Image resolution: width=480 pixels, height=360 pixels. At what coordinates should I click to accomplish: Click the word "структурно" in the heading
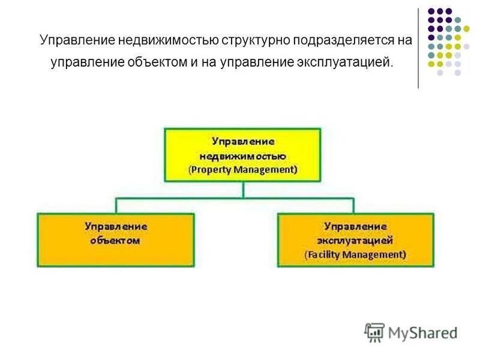pyautogui.click(x=254, y=41)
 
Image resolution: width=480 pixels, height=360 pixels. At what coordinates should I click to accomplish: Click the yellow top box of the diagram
pyautogui.click(x=242, y=155)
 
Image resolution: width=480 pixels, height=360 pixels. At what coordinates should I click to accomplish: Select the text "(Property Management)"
pyautogui.click(x=242, y=170)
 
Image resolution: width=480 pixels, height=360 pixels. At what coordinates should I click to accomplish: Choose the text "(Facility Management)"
pyautogui.click(x=355, y=254)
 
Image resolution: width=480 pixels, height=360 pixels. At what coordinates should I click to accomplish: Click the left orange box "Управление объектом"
pyautogui.click(x=116, y=239)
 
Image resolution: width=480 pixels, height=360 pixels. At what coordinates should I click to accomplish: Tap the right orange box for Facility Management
pyautogui.click(x=355, y=239)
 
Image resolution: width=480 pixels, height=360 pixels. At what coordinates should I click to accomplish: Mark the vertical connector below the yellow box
pyautogui.click(x=242, y=190)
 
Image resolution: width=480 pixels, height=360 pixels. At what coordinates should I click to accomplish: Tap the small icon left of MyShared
pyautogui.click(x=374, y=332)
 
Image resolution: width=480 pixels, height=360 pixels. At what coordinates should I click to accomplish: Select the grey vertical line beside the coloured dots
pyautogui.click(x=418, y=48)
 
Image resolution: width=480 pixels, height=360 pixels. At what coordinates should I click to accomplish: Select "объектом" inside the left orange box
pyautogui.click(x=116, y=241)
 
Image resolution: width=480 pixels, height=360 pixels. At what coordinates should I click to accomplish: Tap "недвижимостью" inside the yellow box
pyautogui.click(x=242, y=155)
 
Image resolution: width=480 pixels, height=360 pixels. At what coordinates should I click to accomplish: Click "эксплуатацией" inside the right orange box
pyautogui.click(x=355, y=241)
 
